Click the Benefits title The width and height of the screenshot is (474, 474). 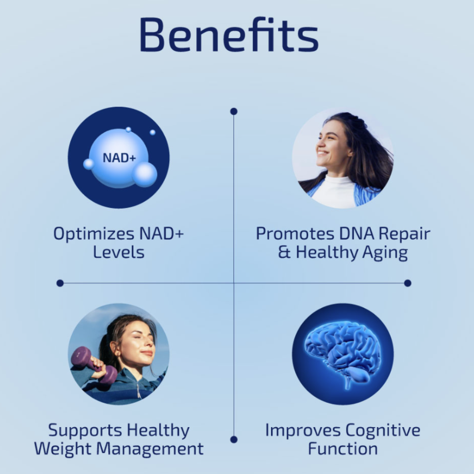click(x=229, y=35)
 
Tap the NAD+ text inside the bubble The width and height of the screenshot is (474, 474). click(x=119, y=158)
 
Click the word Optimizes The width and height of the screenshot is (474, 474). click(x=94, y=234)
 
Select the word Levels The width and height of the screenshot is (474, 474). click(x=118, y=252)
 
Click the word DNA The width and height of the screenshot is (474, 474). click(x=356, y=234)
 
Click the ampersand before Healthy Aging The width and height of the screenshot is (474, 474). click(x=284, y=252)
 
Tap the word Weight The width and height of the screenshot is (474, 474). click(x=63, y=449)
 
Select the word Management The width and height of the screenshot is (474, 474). click(x=150, y=448)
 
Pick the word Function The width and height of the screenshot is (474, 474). click(x=343, y=448)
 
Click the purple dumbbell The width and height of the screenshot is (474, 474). click(x=94, y=365)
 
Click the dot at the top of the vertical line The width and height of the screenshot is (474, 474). click(x=234, y=111)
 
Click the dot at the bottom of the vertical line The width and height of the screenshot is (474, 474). click(x=234, y=439)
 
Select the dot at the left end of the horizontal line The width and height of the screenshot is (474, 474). click(x=60, y=283)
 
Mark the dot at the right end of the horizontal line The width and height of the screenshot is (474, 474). click(x=408, y=283)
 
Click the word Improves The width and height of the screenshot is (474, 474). click(x=302, y=431)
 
